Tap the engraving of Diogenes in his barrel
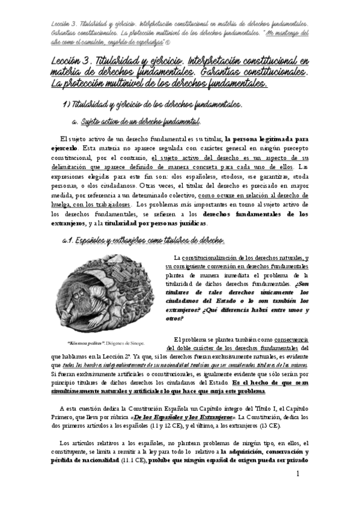coord(103,295)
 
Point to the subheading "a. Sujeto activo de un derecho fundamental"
coord(136,123)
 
